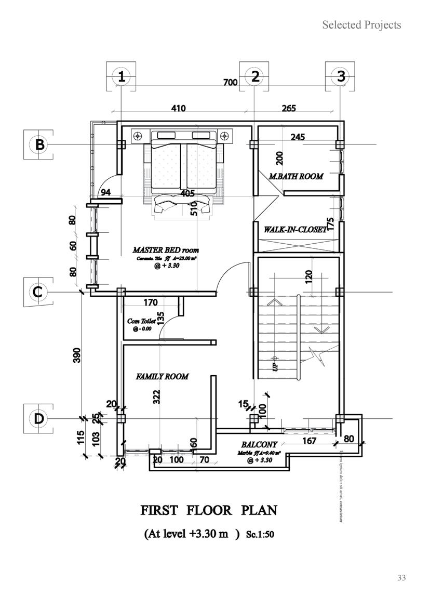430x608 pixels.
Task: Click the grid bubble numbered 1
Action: click(121, 77)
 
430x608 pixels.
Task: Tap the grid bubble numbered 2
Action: click(254, 76)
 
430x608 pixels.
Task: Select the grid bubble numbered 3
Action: click(341, 76)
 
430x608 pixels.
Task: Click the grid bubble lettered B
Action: click(39, 144)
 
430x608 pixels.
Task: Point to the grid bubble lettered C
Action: click(37, 292)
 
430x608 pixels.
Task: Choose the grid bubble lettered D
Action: click(38, 418)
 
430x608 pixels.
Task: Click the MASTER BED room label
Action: click(166, 250)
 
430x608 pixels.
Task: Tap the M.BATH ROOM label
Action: click(295, 176)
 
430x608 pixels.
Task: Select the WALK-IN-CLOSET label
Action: click(295, 229)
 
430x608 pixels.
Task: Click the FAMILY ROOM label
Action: click(162, 376)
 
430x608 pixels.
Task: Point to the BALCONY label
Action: click(259, 445)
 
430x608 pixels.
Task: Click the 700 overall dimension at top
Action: click(230, 82)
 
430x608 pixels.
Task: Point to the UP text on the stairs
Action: click(275, 366)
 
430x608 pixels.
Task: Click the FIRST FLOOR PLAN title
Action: click(209, 510)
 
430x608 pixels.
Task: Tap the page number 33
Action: click(401, 577)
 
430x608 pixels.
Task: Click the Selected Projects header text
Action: click(361, 24)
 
